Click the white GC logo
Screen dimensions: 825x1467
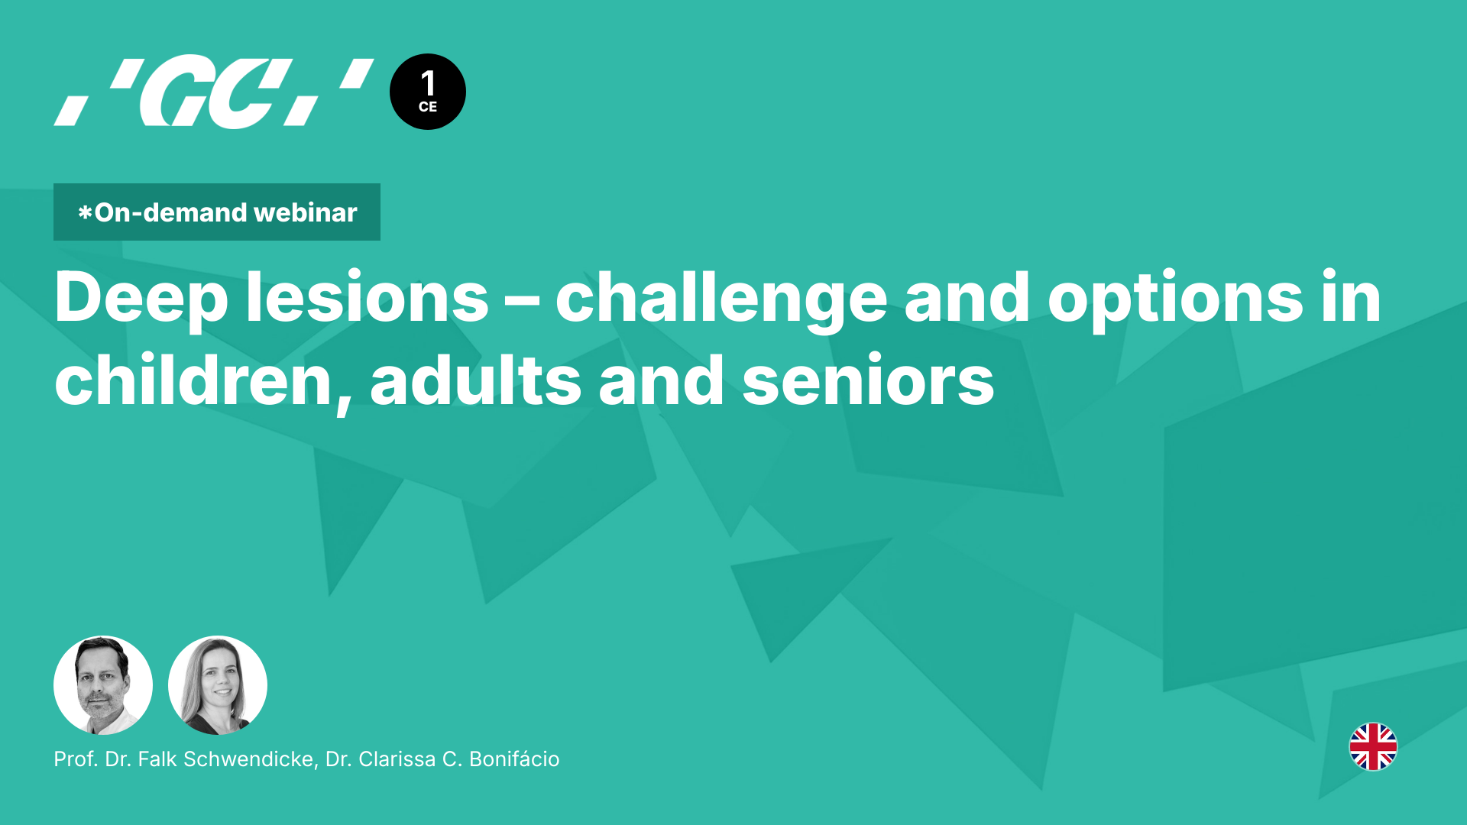click(213, 92)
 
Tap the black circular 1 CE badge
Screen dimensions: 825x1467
click(427, 92)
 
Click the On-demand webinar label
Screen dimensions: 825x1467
click(217, 212)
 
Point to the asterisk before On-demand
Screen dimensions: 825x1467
click(85, 213)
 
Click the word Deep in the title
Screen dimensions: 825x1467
click(141, 299)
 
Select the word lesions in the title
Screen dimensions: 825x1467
click(367, 299)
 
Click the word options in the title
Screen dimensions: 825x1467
click(1175, 299)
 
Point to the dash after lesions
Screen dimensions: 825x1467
click(522, 300)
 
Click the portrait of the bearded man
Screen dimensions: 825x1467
click(103, 685)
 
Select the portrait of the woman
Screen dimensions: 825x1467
click(218, 685)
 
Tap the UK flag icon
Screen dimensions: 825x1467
click(1373, 746)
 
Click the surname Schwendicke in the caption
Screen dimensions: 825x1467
click(249, 759)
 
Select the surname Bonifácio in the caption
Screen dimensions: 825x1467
click(514, 759)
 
